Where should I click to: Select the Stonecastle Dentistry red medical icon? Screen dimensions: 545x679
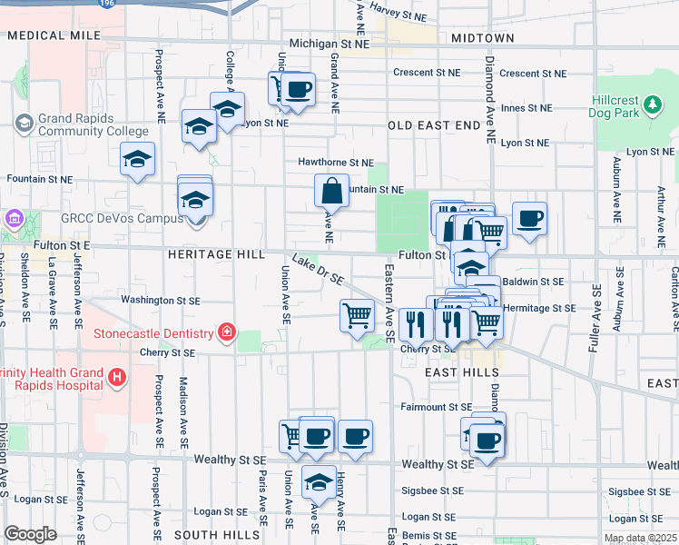tap(225, 334)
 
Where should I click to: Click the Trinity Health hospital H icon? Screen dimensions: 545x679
tap(115, 377)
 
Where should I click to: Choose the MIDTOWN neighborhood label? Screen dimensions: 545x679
tap(482, 38)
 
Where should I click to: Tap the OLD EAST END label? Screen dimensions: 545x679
tap(434, 124)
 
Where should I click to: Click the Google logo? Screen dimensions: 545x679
tap(30, 534)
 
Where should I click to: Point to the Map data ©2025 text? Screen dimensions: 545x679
tap(640, 538)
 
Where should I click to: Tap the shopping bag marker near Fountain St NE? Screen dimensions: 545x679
tap(331, 192)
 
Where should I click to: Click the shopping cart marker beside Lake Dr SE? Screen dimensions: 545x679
tap(357, 316)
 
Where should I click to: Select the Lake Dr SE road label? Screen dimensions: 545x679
tap(319, 269)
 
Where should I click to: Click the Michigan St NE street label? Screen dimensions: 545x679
tap(330, 43)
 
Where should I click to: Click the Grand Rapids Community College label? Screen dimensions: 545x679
tap(80, 124)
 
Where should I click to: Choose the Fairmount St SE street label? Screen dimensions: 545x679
tap(437, 408)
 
